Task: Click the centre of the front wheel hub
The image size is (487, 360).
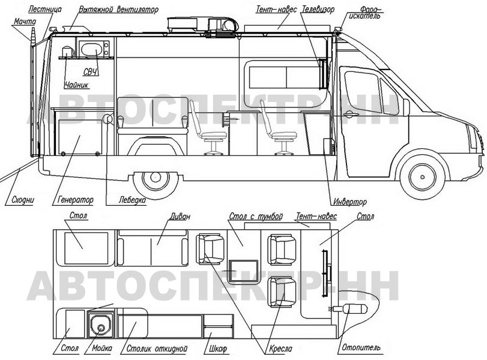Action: point(422,177)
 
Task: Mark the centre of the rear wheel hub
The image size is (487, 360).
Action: point(155,177)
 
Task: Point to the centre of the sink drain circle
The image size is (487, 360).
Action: point(101,328)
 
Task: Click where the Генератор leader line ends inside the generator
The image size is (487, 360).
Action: point(79,136)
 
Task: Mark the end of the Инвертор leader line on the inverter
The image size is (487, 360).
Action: point(323,148)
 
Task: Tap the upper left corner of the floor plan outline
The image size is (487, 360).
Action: point(53,230)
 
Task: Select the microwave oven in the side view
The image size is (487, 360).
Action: point(94,49)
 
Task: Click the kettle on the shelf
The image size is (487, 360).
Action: point(67,52)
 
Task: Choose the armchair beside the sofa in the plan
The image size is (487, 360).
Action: point(210,248)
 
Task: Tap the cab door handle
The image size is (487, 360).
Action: point(349,113)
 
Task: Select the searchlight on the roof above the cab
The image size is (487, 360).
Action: point(338,30)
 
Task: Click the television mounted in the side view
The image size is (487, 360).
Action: point(323,74)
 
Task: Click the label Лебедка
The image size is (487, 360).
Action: point(132,200)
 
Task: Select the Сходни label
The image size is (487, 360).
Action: point(23,200)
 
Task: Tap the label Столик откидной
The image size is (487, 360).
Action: point(157,348)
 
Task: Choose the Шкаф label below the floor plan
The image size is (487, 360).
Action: point(216,349)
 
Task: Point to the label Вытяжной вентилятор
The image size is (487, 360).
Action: point(118,10)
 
